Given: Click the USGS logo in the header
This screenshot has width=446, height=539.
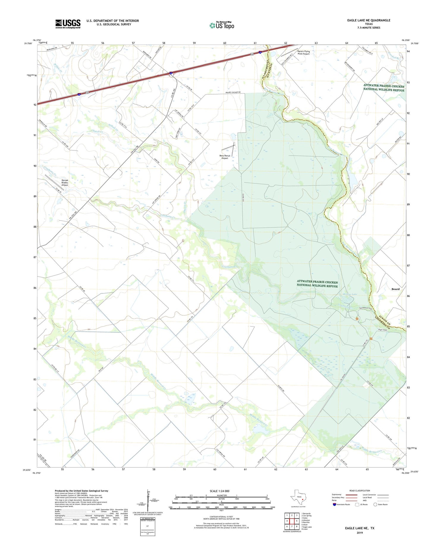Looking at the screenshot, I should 68,24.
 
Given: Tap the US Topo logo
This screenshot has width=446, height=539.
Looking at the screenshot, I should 222,26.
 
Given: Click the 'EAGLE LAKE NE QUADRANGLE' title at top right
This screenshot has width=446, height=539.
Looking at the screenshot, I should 368,20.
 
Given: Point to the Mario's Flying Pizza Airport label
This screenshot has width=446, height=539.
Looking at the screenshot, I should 303,53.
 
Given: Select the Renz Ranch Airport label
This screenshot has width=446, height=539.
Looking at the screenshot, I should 224,157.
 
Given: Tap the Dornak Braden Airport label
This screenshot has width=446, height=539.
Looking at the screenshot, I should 65,183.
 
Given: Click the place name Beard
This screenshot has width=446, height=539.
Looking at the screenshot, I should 395,289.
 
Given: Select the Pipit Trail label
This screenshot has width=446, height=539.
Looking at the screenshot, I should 383,330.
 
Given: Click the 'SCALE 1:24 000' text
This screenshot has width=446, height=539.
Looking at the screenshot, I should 219,491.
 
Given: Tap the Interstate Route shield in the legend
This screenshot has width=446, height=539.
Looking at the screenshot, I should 335,504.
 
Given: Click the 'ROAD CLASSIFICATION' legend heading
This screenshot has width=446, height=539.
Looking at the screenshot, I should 359,491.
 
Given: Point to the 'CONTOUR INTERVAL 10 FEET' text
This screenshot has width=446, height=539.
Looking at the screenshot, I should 221,517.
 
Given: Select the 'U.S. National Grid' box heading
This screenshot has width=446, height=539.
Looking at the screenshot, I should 147,518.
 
